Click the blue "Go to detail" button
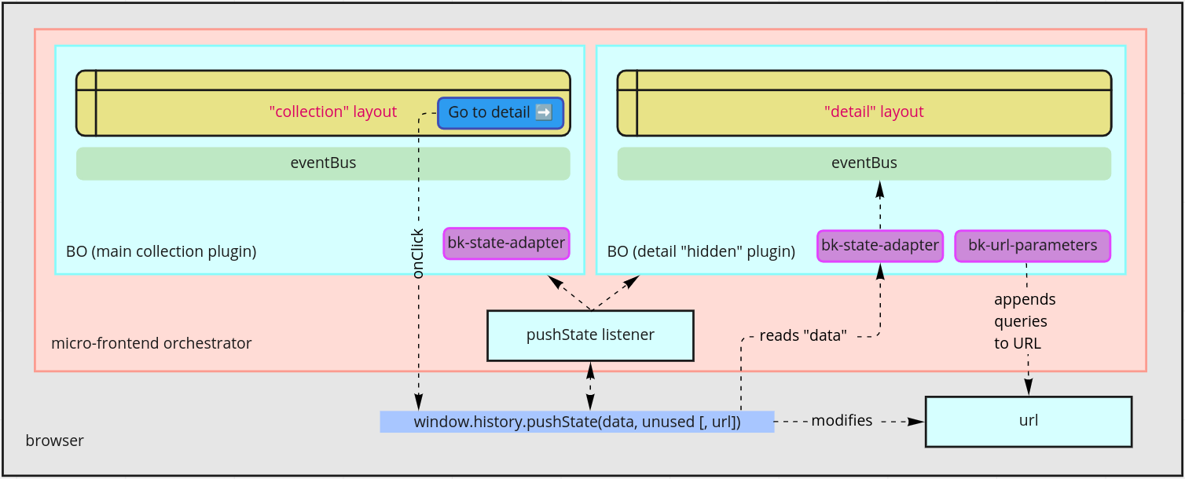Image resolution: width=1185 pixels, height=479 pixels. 500,112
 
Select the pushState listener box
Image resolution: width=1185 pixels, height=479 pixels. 590,335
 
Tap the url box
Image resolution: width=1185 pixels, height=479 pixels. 1028,421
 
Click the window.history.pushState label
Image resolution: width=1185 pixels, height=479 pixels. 577,422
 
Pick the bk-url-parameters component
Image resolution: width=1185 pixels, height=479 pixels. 1032,245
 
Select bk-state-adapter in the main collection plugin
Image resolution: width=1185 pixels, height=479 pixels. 506,243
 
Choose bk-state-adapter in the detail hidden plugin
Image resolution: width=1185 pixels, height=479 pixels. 879,245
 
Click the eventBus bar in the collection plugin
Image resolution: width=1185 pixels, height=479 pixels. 323,163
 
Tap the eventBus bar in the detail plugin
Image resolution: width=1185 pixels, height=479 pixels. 864,163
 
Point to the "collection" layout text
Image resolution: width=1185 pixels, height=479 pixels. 332,112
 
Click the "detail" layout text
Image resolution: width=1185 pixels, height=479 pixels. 873,112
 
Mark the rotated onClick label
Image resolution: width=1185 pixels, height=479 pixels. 418,254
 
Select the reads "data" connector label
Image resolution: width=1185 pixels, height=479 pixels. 802,336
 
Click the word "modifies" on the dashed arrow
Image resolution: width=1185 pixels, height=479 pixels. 841,421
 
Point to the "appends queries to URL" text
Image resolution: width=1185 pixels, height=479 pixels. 1025,321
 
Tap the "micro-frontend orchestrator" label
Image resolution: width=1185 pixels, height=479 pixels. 151,343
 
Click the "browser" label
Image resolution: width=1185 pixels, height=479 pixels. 54,441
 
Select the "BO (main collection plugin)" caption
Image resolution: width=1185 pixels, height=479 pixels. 161,252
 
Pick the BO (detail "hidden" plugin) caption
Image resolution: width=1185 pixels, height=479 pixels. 701,252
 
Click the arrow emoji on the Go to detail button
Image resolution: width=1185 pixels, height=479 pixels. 543,112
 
